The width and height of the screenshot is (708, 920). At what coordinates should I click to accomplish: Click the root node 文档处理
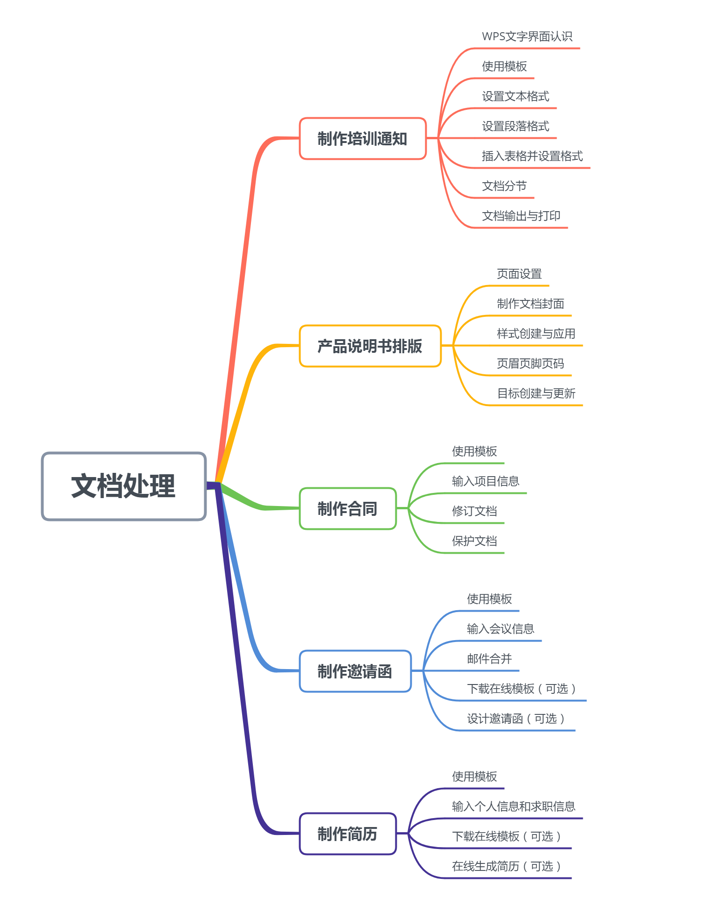(x=123, y=486)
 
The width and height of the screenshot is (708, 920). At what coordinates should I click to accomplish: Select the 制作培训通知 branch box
(x=362, y=139)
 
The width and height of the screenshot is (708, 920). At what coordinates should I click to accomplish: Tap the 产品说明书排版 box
(x=370, y=346)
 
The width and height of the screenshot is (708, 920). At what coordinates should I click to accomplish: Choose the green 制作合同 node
(x=347, y=509)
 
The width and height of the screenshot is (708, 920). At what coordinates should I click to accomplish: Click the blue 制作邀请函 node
(x=355, y=671)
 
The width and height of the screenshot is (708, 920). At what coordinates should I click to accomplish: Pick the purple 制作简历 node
(x=347, y=834)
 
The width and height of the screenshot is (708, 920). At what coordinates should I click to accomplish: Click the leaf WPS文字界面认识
(x=527, y=36)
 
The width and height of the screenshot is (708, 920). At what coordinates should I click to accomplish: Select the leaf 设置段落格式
(x=515, y=126)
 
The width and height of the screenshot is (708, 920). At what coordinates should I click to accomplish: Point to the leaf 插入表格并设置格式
(x=532, y=156)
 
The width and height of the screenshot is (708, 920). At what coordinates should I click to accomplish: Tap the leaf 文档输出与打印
(x=521, y=216)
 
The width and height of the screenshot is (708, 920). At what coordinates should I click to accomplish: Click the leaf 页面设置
(x=519, y=274)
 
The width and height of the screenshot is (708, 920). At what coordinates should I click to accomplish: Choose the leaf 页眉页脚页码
(x=530, y=364)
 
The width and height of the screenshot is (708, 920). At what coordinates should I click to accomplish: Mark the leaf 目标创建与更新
(x=536, y=393)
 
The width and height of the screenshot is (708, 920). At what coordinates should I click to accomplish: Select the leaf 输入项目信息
(x=486, y=481)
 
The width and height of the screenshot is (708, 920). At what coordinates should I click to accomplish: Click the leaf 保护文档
(x=474, y=541)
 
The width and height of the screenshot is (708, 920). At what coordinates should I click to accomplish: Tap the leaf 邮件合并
(x=489, y=659)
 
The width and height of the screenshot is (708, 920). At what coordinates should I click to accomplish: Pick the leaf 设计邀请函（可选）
(x=515, y=719)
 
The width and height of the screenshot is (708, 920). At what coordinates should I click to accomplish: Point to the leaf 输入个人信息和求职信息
(x=514, y=806)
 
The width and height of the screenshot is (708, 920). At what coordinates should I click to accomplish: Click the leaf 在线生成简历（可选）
(x=506, y=866)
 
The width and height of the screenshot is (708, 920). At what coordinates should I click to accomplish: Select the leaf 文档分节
(x=504, y=186)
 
